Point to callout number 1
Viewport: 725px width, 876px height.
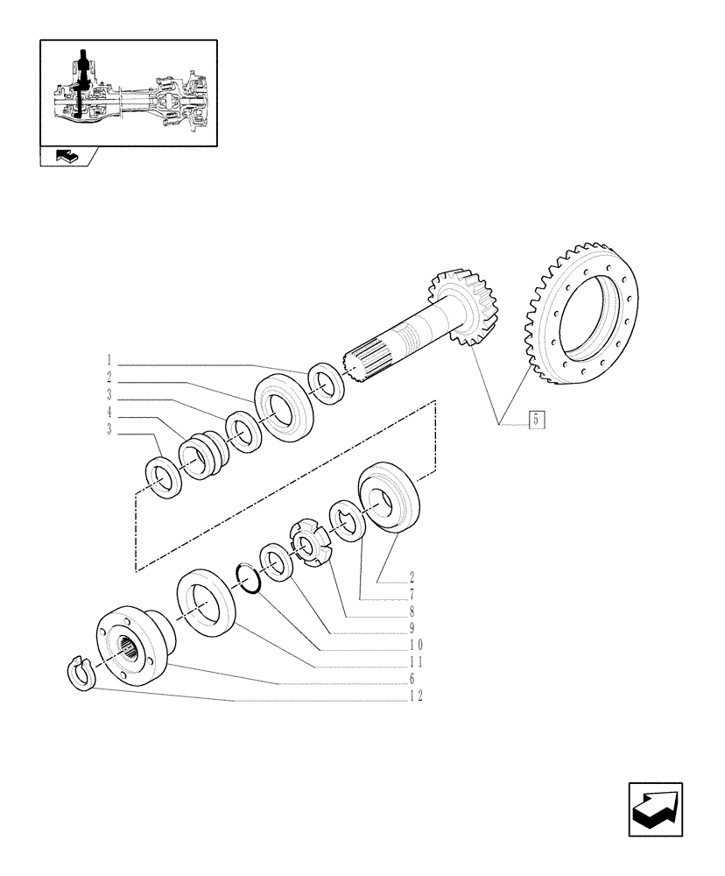point(109,360)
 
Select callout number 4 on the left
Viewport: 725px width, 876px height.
point(109,412)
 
